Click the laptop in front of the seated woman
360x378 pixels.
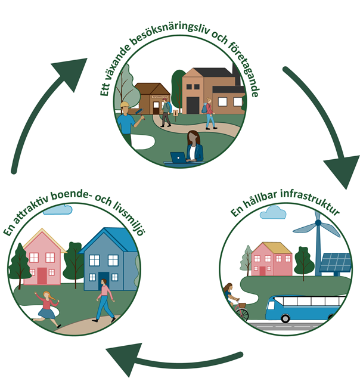click(x=178, y=157)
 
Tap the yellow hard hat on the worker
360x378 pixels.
click(x=125, y=106)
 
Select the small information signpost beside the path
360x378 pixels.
click(x=175, y=111)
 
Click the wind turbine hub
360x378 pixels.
click(x=318, y=224)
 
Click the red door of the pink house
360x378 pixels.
click(x=42, y=275)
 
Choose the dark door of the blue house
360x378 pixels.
click(x=104, y=280)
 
